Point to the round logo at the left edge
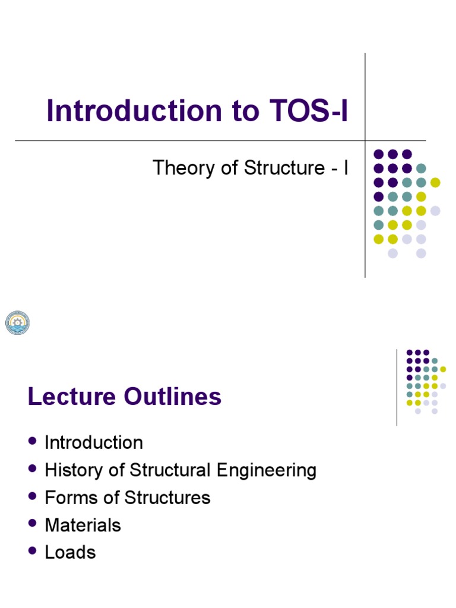(17, 322)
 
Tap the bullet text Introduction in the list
(94, 443)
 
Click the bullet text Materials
(83, 525)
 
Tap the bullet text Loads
(70, 552)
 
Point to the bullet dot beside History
(33, 468)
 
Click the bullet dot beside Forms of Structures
(33, 496)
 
